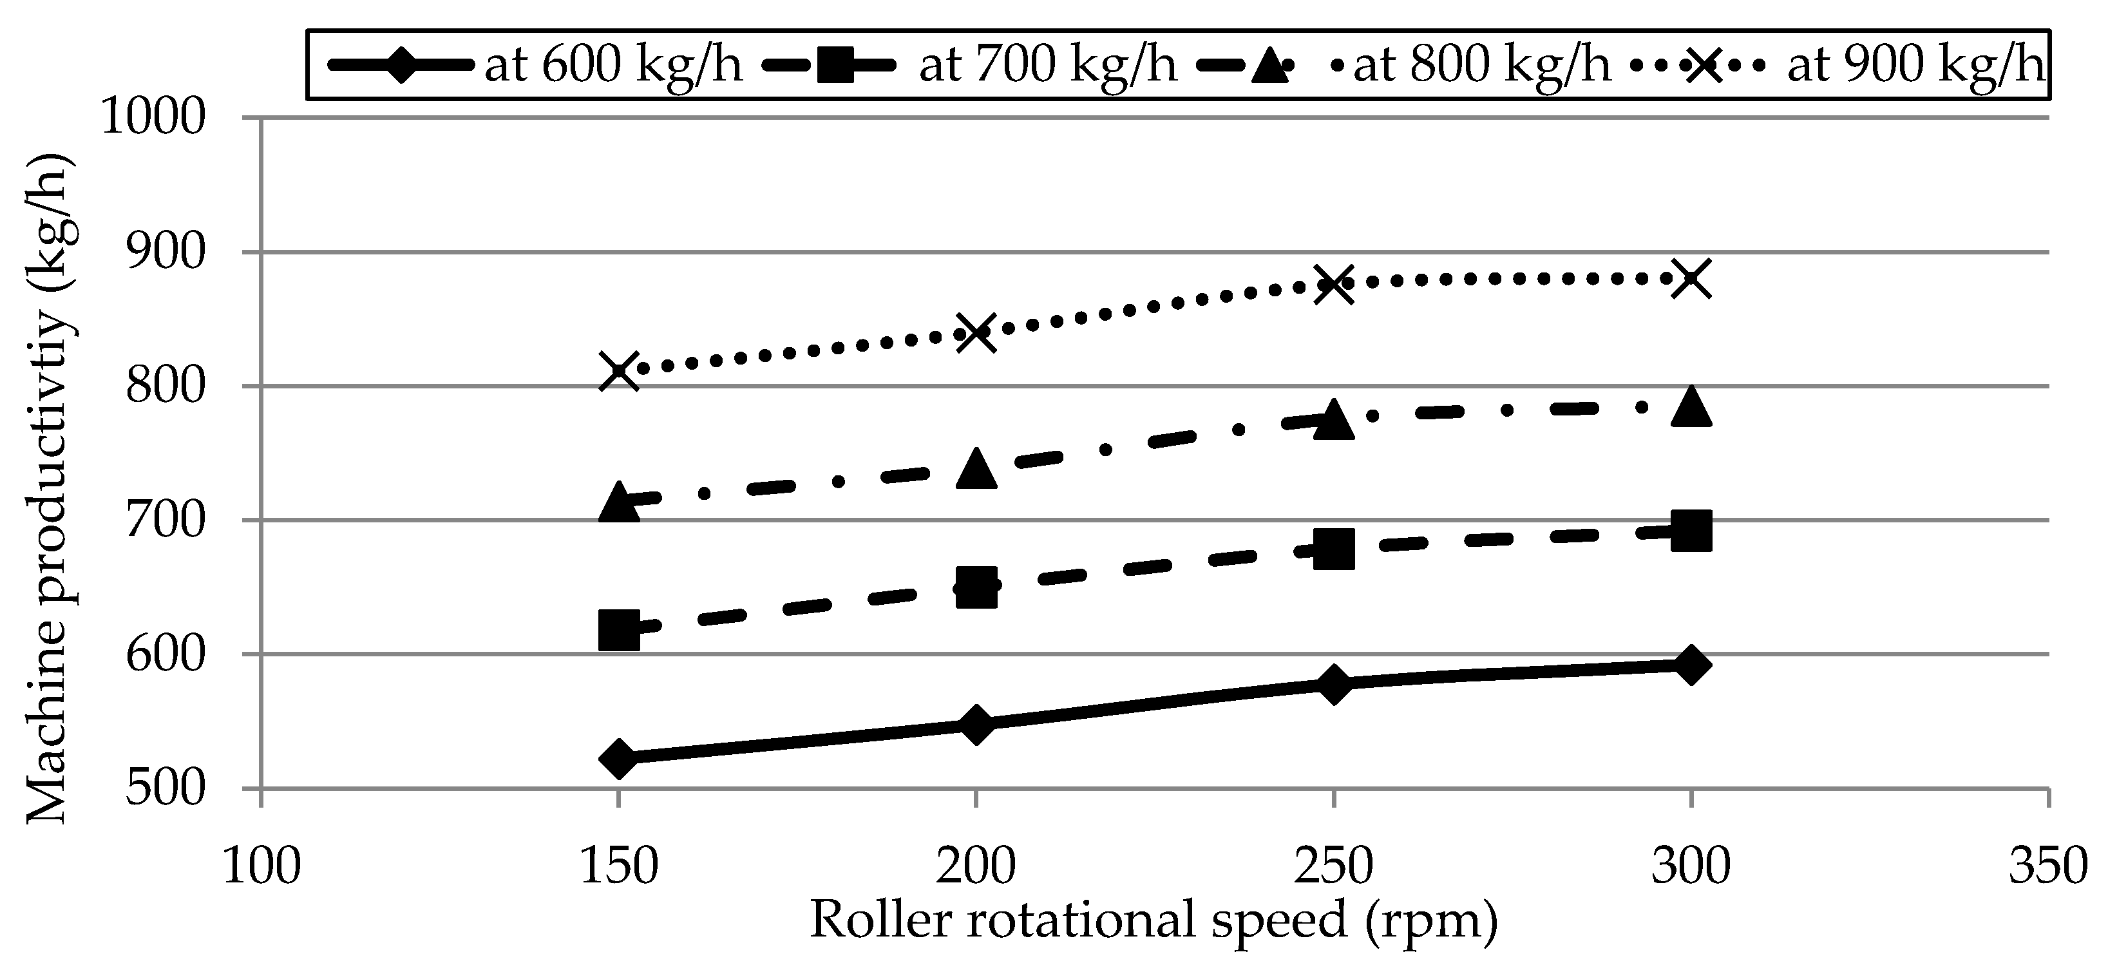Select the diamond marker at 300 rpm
(x=1691, y=664)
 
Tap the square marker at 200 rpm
(x=976, y=587)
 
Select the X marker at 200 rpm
(x=976, y=332)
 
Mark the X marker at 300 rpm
(x=1691, y=279)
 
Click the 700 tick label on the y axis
(x=164, y=520)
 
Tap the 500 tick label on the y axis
(x=164, y=788)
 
